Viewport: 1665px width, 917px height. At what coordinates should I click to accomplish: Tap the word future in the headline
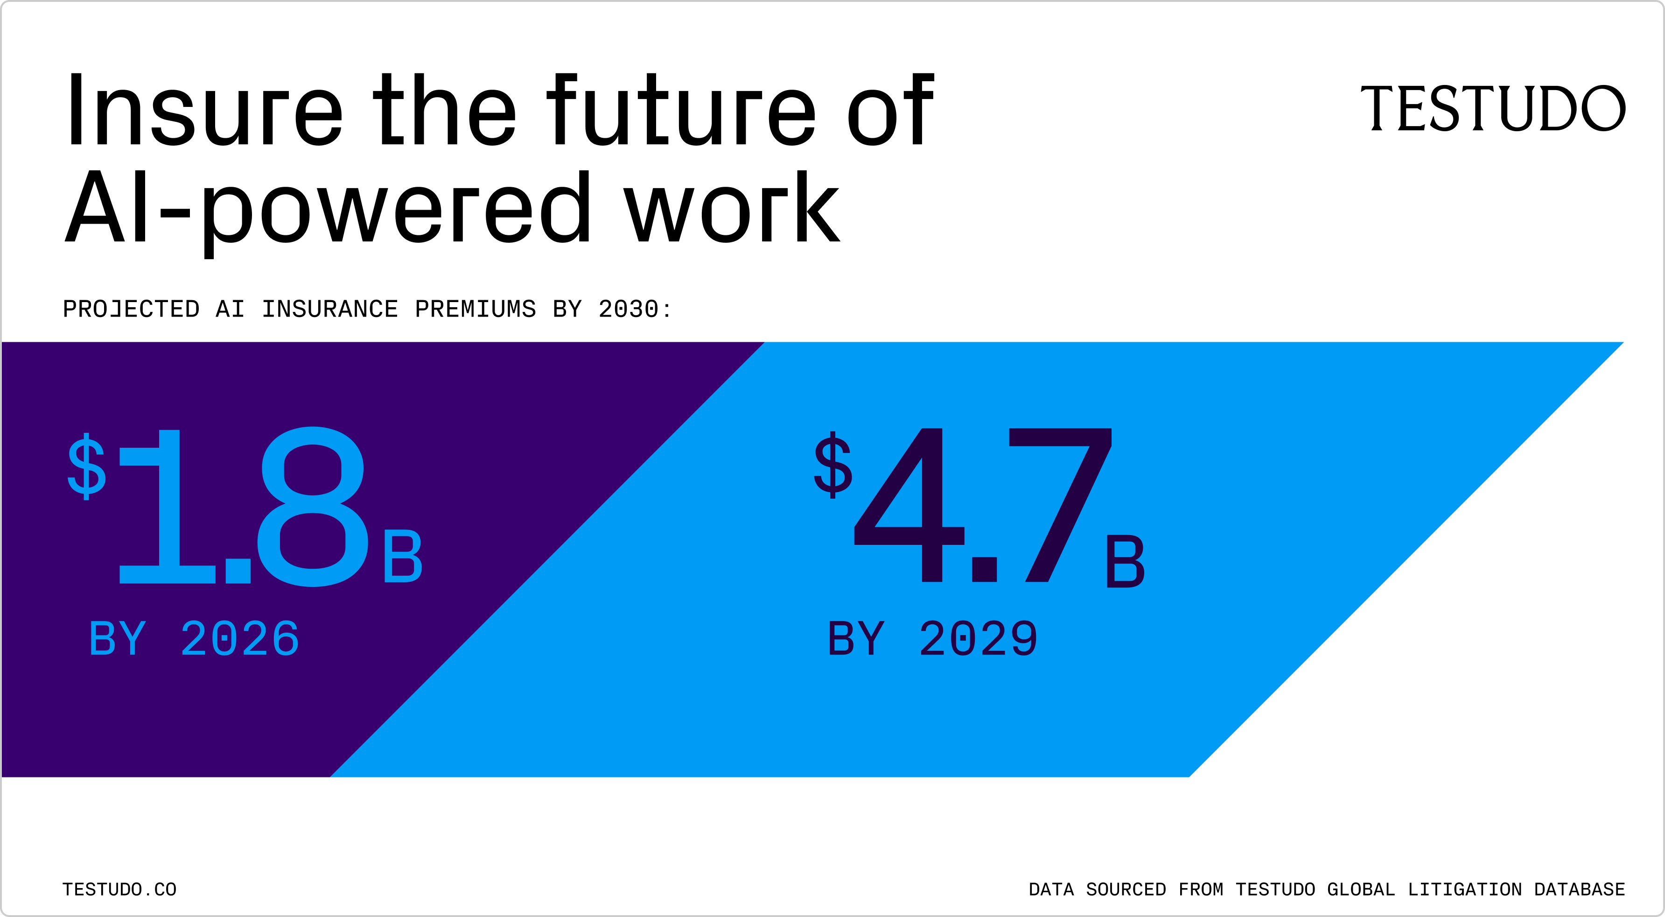pyautogui.click(x=681, y=109)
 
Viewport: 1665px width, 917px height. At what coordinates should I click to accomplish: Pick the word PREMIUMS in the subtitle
pyautogui.click(x=475, y=309)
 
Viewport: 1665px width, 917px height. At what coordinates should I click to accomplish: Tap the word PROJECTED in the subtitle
pyautogui.click(x=131, y=309)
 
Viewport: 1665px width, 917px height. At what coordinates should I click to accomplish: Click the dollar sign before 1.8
pyautogui.click(x=87, y=466)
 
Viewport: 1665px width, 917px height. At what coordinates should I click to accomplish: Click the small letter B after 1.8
pyautogui.click(x=403, y=556)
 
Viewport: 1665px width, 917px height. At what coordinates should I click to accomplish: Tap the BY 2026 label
pyautogui.click(x=194, y=638)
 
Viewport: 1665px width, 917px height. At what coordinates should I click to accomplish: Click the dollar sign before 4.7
pyautogui.click(x=832, y=464)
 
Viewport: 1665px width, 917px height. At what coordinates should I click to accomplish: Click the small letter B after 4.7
pyautogui.click(x=1125, y=561)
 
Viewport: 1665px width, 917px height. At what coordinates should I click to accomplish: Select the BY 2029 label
pyautogui.click(x=933, y=638)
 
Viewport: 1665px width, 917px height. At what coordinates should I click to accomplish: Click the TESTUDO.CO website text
pyautogui.click(x=119, y=889)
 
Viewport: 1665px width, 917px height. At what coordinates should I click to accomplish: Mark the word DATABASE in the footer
pyautogui.click(x=1580, y=889)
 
